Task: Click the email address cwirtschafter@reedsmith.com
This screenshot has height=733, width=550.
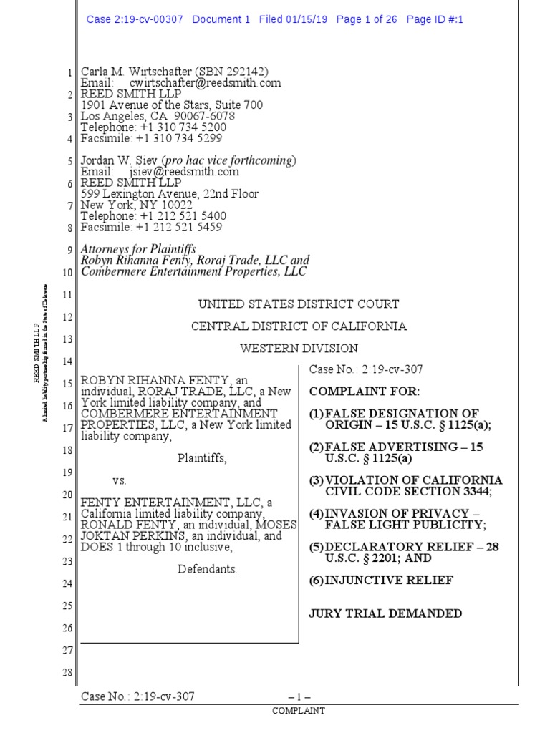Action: coord(205,83)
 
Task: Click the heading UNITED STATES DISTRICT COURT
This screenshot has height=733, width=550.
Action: coord(299,304)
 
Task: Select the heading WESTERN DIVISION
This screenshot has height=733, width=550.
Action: coord(299,349)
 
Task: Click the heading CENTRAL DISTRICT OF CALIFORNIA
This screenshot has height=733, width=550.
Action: coord(299,326)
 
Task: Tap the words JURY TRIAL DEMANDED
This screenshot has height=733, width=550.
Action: coord(385,613)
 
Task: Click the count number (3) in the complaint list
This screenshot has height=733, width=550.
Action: coord(316,480)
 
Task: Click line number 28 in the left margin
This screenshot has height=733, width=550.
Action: coord(68,673)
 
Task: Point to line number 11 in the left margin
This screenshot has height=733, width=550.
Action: coord(68,295)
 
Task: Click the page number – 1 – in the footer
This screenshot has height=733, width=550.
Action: coord(299,696)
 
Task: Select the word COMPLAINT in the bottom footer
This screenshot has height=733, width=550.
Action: coord(299,711)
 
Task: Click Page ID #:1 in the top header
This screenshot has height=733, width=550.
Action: coord(435,19)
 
